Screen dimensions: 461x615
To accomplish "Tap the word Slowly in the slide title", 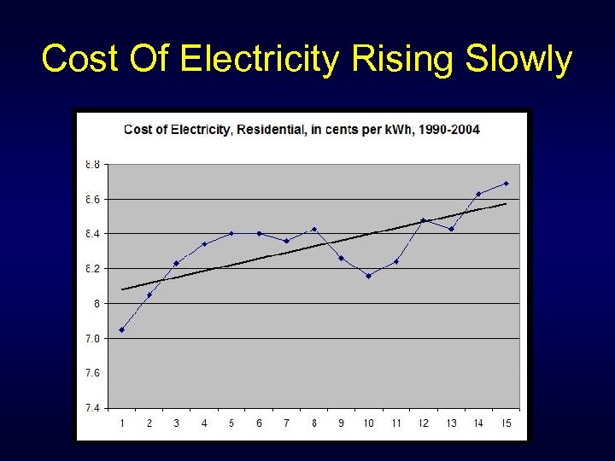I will tap(518, 60).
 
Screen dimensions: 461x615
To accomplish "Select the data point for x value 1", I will tap(121, 330).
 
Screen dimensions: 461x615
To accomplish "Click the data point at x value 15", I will tap(506, 184).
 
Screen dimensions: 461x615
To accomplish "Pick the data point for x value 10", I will tap(368, 276).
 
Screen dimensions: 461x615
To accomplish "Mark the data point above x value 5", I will tap(231, 233).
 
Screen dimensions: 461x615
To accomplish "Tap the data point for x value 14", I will tap(478, 194).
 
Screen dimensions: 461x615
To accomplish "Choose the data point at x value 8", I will tap(313, 229).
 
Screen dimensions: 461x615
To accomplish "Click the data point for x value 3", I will tap(176, 263).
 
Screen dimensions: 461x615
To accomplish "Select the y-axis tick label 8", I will tap(97, 303).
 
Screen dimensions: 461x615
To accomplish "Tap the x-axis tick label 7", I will tap(286, 423).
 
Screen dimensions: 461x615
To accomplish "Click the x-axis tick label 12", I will tap(424, 423).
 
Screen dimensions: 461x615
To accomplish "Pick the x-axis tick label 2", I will tap(149, 423).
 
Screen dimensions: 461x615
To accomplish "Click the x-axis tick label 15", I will tap(506, 423).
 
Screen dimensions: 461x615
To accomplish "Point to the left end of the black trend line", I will tap(122, 289).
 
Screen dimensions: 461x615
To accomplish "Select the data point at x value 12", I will tap(423, 220).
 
